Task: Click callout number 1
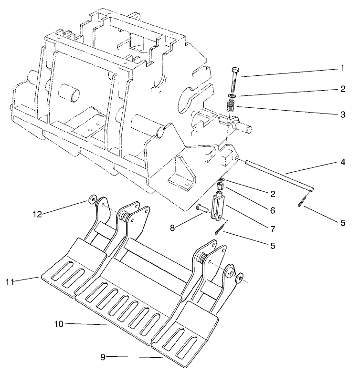click(342, 68)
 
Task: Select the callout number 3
click(342, 114)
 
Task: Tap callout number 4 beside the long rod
click(342, 162)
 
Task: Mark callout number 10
click(59, 324)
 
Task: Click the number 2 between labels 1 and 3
click(342, 89)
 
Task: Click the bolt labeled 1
click(233, 81)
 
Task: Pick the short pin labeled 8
click(202, 208)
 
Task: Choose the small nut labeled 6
click(221, 185)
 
